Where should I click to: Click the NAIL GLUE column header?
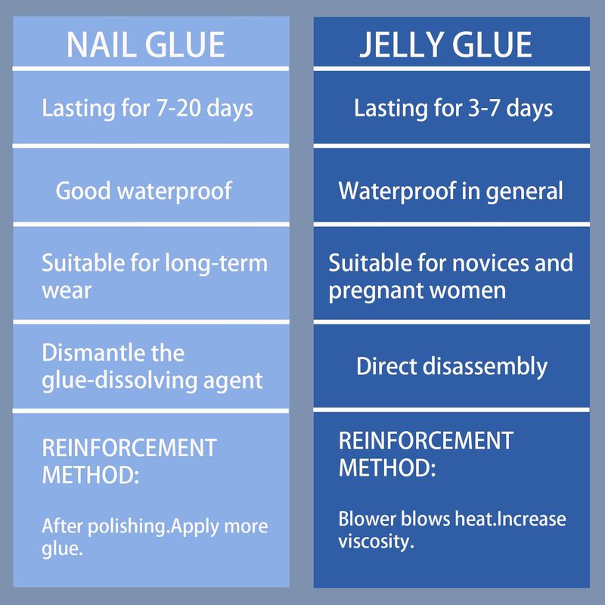coord(145,45)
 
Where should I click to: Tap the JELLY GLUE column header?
coord(445,45)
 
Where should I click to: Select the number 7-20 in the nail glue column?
coord(178,107)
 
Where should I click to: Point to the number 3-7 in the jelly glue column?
coord(484,107)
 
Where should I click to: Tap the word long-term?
coord(216,264)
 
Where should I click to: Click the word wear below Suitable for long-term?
coord(67,291)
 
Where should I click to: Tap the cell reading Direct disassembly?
coord(451,367)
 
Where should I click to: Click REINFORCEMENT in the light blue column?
coord(129,448)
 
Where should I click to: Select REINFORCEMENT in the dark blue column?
coord(426,441)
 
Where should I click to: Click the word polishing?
coord(129,527)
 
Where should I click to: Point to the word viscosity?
coord(376,541)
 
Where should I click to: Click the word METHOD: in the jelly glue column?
coord(387,468)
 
